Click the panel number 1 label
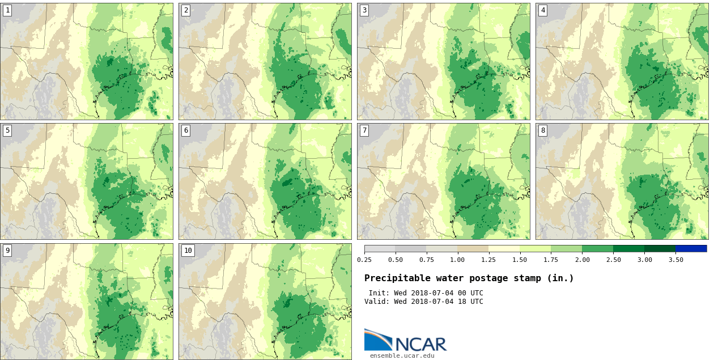(x=7, y=10)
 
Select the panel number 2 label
(x=186, y=10)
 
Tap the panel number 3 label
(x=364, y=10)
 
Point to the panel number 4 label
(x=543, y=10)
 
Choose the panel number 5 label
(x=7, y=130)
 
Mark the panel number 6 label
(x=186, y=130)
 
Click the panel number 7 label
(x=364, y=130)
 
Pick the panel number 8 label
(x=543, y=130)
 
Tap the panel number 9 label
(x=7, y=251)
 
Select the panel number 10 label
(x=188, y=251)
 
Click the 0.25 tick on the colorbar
(x=364, y=260)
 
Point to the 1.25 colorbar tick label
(x=488, y=260)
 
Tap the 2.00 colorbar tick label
(x=582, y=260)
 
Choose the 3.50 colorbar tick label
(x=675, y=260)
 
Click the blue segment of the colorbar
(x=691, y=248)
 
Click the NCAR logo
(x=405, y=341)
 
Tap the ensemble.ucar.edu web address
(x=402, y=355)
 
